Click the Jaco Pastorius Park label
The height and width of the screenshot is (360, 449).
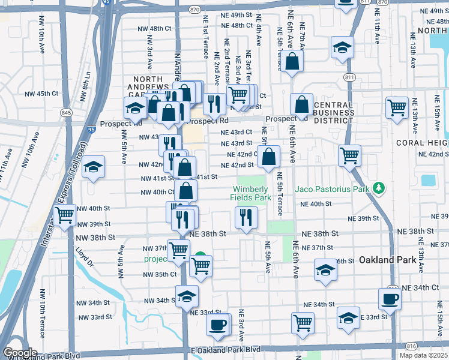[331, 189]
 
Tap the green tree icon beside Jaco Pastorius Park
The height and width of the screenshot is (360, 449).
[378, 189]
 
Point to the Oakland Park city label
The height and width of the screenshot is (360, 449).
[387, 260]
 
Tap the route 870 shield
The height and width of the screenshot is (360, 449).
[194, 10]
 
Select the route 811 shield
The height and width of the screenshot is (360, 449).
[349, 77]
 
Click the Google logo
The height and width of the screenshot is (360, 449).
[20, 353]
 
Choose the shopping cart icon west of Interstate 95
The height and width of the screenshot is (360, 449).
[64, 214]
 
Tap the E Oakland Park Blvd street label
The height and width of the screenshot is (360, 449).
[218, 349]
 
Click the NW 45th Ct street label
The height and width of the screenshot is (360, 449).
[41, 94]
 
